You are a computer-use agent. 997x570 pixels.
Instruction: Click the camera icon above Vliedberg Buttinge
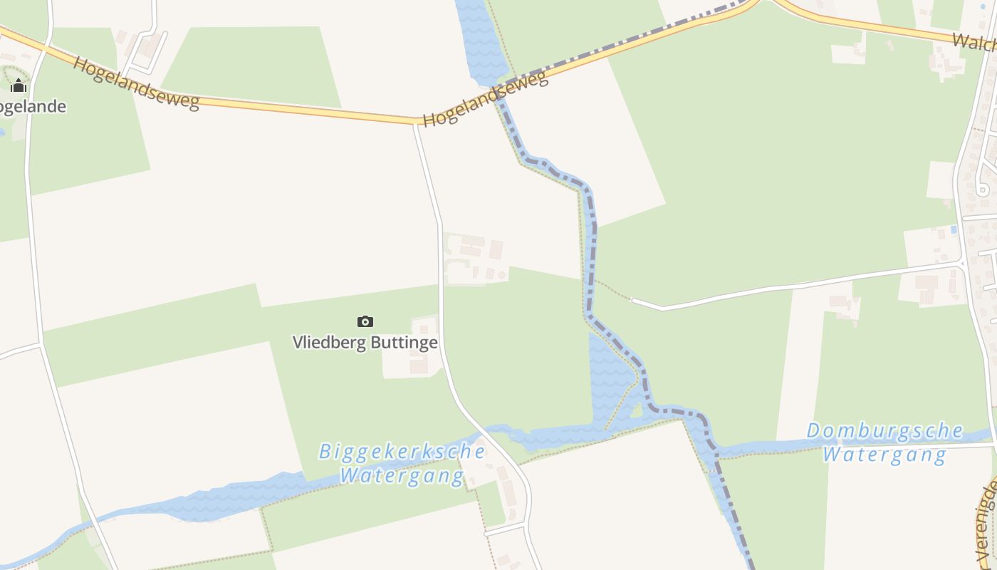tap(365, 321)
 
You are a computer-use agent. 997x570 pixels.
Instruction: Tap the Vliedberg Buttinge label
tap(365, 342)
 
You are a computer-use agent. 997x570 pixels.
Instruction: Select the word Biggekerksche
tap(402, 452)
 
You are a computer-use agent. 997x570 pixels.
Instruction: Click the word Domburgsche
tap(884, 431)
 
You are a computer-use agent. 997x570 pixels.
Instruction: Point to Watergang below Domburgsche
tap(884, 454)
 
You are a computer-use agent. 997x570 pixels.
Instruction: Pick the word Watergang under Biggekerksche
tap(402, 475)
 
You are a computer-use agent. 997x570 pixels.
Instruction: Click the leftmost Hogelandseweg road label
tap(135, 83)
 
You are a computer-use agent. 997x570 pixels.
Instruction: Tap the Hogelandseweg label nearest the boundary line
tap(485, 98)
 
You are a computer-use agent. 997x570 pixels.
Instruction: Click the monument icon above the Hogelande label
tap(19, 86)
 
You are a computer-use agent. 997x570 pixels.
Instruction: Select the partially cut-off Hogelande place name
tap(33, 107)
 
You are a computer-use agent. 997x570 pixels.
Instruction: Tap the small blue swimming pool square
tap(954, 230)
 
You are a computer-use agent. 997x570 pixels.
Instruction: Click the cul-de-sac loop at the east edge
tap(982, 190)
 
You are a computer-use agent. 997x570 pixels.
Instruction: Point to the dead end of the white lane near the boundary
tap(632, 300)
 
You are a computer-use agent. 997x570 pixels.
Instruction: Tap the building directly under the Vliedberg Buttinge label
tap(419, 366)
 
